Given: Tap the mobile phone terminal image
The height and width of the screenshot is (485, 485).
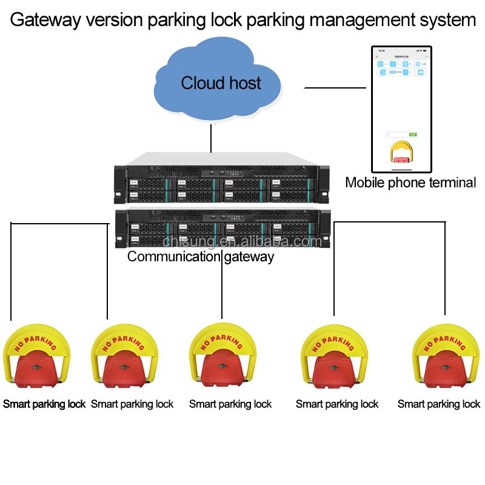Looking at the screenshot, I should [401, 109].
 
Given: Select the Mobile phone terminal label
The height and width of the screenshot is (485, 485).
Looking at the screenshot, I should [410, 182].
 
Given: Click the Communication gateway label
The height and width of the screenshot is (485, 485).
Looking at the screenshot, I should [200, 256].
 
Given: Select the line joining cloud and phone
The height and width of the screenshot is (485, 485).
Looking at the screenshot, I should [335, 88].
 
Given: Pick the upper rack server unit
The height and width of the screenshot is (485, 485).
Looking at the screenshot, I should [221, 178].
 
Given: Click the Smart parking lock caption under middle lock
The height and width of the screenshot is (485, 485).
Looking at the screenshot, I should [230, 404].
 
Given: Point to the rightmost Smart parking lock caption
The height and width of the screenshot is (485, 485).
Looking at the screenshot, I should [438, 404].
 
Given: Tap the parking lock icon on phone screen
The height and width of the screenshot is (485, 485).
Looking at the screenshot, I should [401, 152].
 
